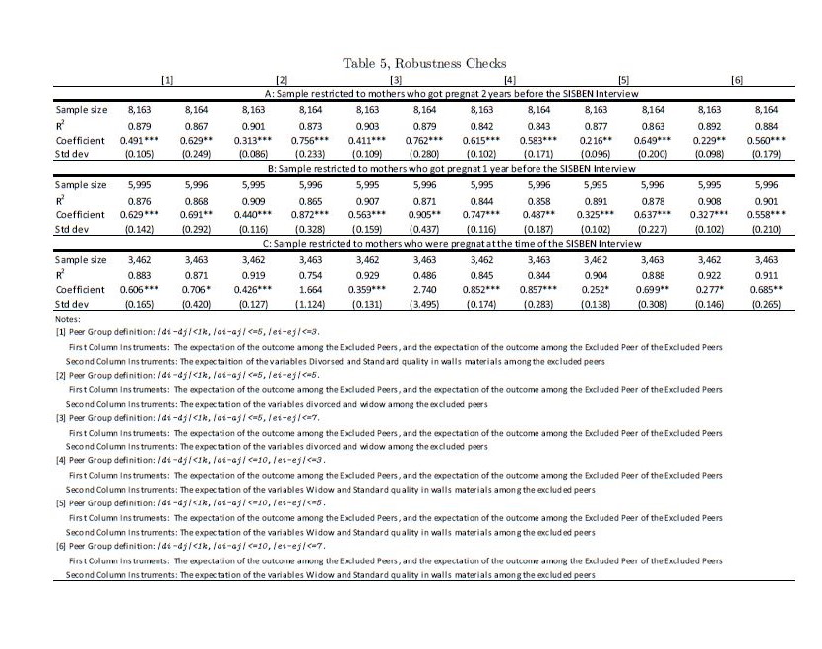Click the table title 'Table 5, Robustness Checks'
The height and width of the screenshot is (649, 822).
click(x=423, y=63)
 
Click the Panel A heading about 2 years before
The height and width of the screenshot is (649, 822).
click(x=423, y=91)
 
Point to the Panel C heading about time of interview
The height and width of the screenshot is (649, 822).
click(x=423, y=244)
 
